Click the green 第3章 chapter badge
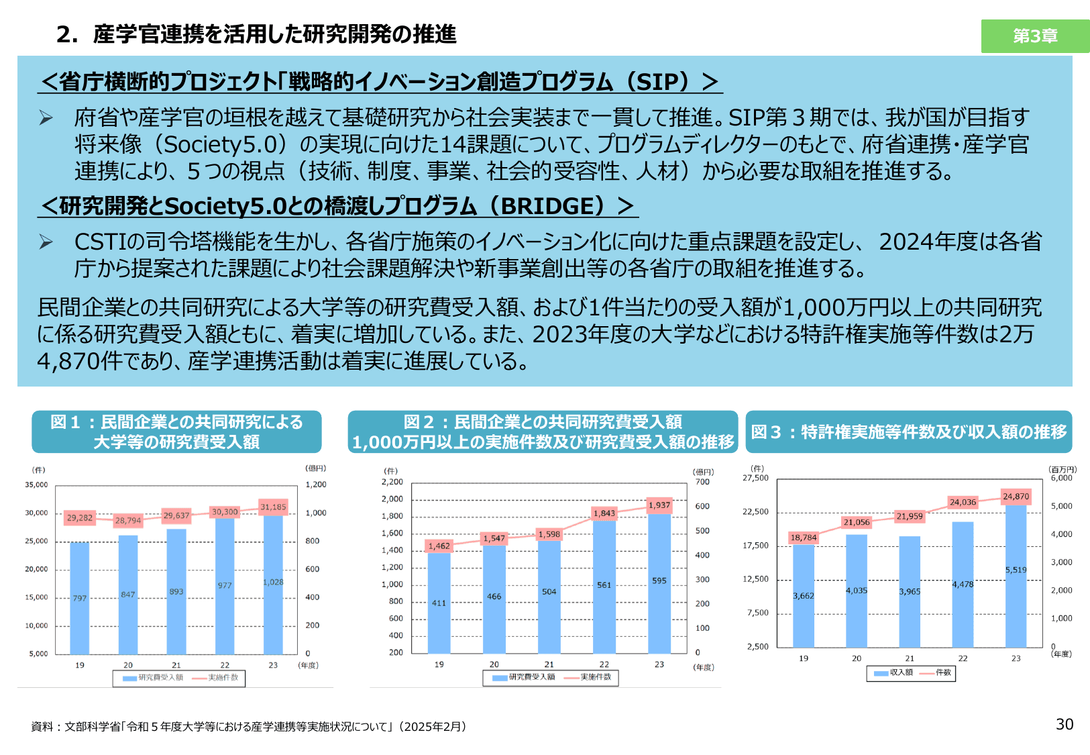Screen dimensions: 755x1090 1035,36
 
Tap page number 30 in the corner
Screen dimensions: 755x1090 1065,724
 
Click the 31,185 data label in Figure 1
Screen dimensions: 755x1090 273,507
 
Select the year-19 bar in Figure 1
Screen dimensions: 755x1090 80,597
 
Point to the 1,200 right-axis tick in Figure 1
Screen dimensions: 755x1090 316,485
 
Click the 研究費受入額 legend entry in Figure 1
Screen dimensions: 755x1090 154,678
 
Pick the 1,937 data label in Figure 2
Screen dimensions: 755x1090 659,505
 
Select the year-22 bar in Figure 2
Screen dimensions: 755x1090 604,584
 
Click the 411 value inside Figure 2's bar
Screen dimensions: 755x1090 439,603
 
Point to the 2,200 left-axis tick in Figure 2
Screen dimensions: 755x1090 392,482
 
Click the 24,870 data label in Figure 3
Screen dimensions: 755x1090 1016,497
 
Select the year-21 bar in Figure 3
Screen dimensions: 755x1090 910,591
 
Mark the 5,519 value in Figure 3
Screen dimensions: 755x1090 1016,570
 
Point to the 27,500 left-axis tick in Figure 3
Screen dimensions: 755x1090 755,478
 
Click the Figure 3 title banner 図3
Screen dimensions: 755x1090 908,432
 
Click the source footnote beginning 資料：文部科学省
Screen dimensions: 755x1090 248,727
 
